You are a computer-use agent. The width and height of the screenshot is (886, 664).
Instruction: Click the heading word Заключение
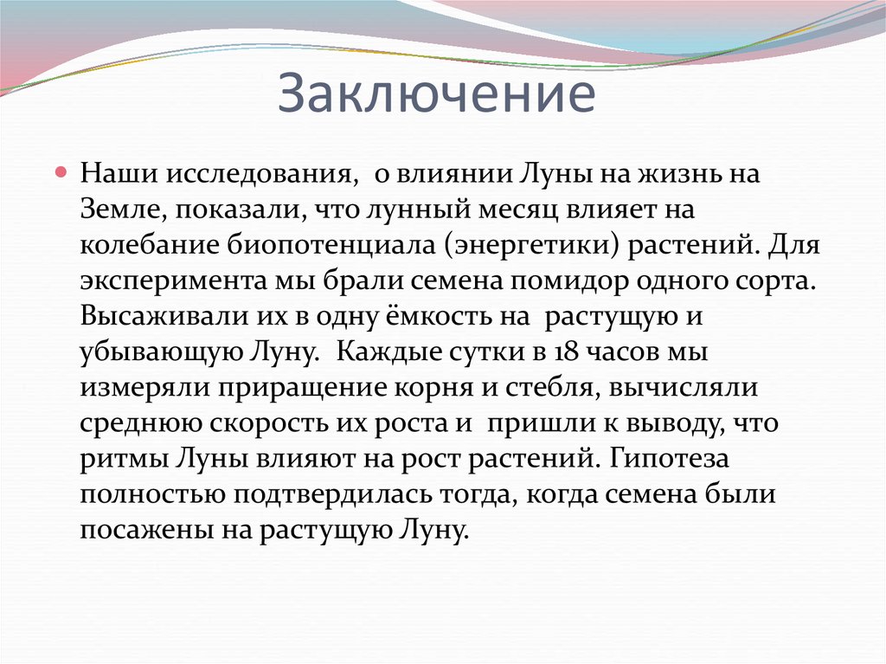436,95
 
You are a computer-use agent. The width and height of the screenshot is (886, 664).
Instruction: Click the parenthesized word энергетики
531,244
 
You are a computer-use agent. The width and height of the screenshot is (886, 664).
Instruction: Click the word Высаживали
160,315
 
